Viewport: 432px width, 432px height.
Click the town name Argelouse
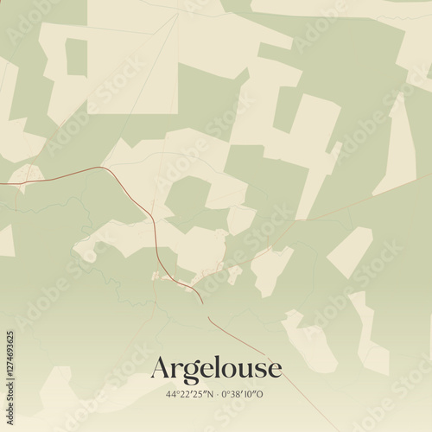pyautogui.click(x=216, y=369)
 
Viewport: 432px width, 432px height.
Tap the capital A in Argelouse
pyautogui.click(x=161, y=369)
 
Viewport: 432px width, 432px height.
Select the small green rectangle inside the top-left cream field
pyautogui.click(x=77, y=57)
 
